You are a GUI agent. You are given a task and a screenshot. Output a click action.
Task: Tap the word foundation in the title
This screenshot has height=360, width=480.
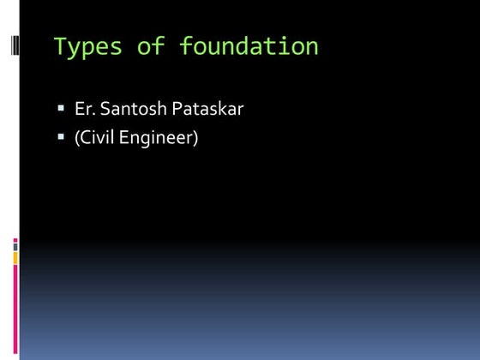(249, 46)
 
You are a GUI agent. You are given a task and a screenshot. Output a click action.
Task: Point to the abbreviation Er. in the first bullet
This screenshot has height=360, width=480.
(84, 110)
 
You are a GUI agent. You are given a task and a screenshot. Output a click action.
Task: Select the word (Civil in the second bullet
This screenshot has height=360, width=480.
(93, 137)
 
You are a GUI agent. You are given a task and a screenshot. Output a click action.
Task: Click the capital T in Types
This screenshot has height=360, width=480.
(59, 46)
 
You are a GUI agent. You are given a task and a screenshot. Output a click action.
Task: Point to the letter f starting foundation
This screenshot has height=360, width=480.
(184, 46)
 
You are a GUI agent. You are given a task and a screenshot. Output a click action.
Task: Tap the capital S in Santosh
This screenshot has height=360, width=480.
(103, 110)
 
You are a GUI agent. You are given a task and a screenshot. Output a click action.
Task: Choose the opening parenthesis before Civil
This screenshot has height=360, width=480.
(76, 137)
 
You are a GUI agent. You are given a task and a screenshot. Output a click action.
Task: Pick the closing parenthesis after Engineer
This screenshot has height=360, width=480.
(195, 137)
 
